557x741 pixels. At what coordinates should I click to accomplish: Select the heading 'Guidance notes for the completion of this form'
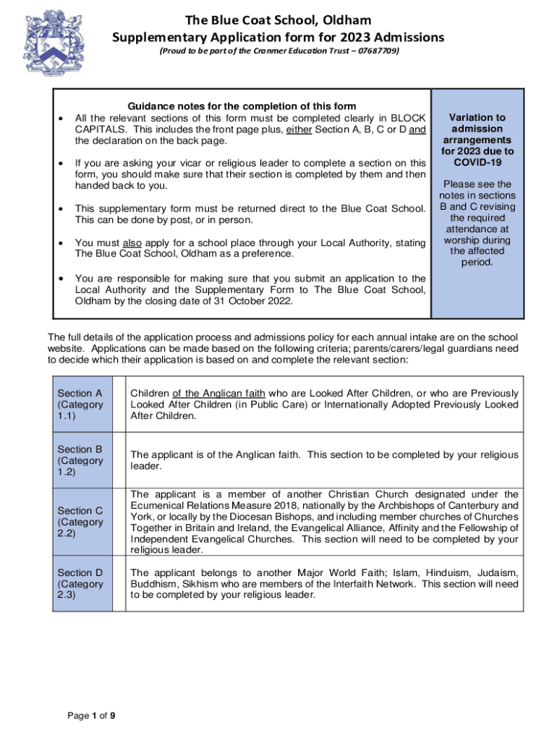[x=242, y=106]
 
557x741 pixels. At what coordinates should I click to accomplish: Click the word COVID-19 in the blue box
[x=477, y=162]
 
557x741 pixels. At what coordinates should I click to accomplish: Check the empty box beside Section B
[x=119, y=460]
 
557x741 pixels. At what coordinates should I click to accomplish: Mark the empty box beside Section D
[x=119, y=584]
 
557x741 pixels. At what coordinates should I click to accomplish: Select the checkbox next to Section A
[x=119, y=405]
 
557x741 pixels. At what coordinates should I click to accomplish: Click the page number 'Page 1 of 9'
[x=91, y=716]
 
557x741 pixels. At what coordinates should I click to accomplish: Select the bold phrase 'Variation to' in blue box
[x=477, y=117]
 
